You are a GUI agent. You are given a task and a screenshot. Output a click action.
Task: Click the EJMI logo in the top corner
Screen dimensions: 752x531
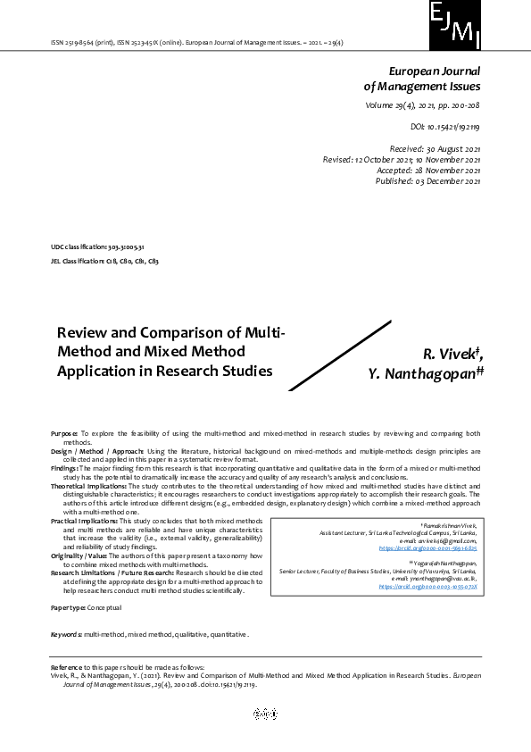[455, 25]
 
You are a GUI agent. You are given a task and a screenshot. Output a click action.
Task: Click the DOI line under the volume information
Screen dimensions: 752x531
[445, 128]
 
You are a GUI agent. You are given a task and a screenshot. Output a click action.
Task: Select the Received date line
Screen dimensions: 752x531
[435, 148]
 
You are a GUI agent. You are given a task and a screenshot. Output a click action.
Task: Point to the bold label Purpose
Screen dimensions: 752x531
[64, 431]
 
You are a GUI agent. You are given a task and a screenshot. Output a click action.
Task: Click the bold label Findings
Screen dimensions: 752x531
[64, 467]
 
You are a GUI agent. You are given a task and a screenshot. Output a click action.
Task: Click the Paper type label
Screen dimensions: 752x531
[68, 607]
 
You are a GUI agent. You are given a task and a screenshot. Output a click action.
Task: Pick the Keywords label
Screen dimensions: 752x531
[66, 634]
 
